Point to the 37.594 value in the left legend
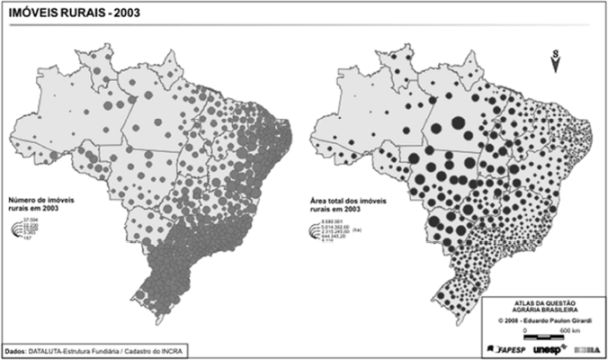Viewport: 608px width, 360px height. (x=31, y=220)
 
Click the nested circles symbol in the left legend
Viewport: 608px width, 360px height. (x=14, y=230)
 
